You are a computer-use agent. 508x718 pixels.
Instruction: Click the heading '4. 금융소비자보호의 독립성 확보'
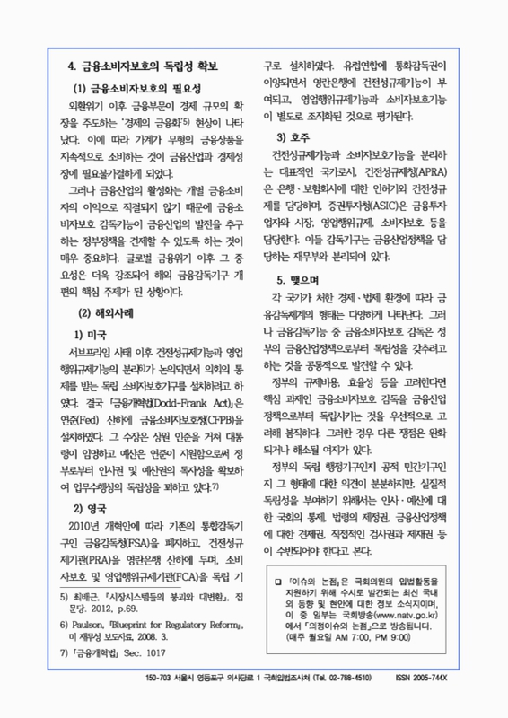[143, 68]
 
